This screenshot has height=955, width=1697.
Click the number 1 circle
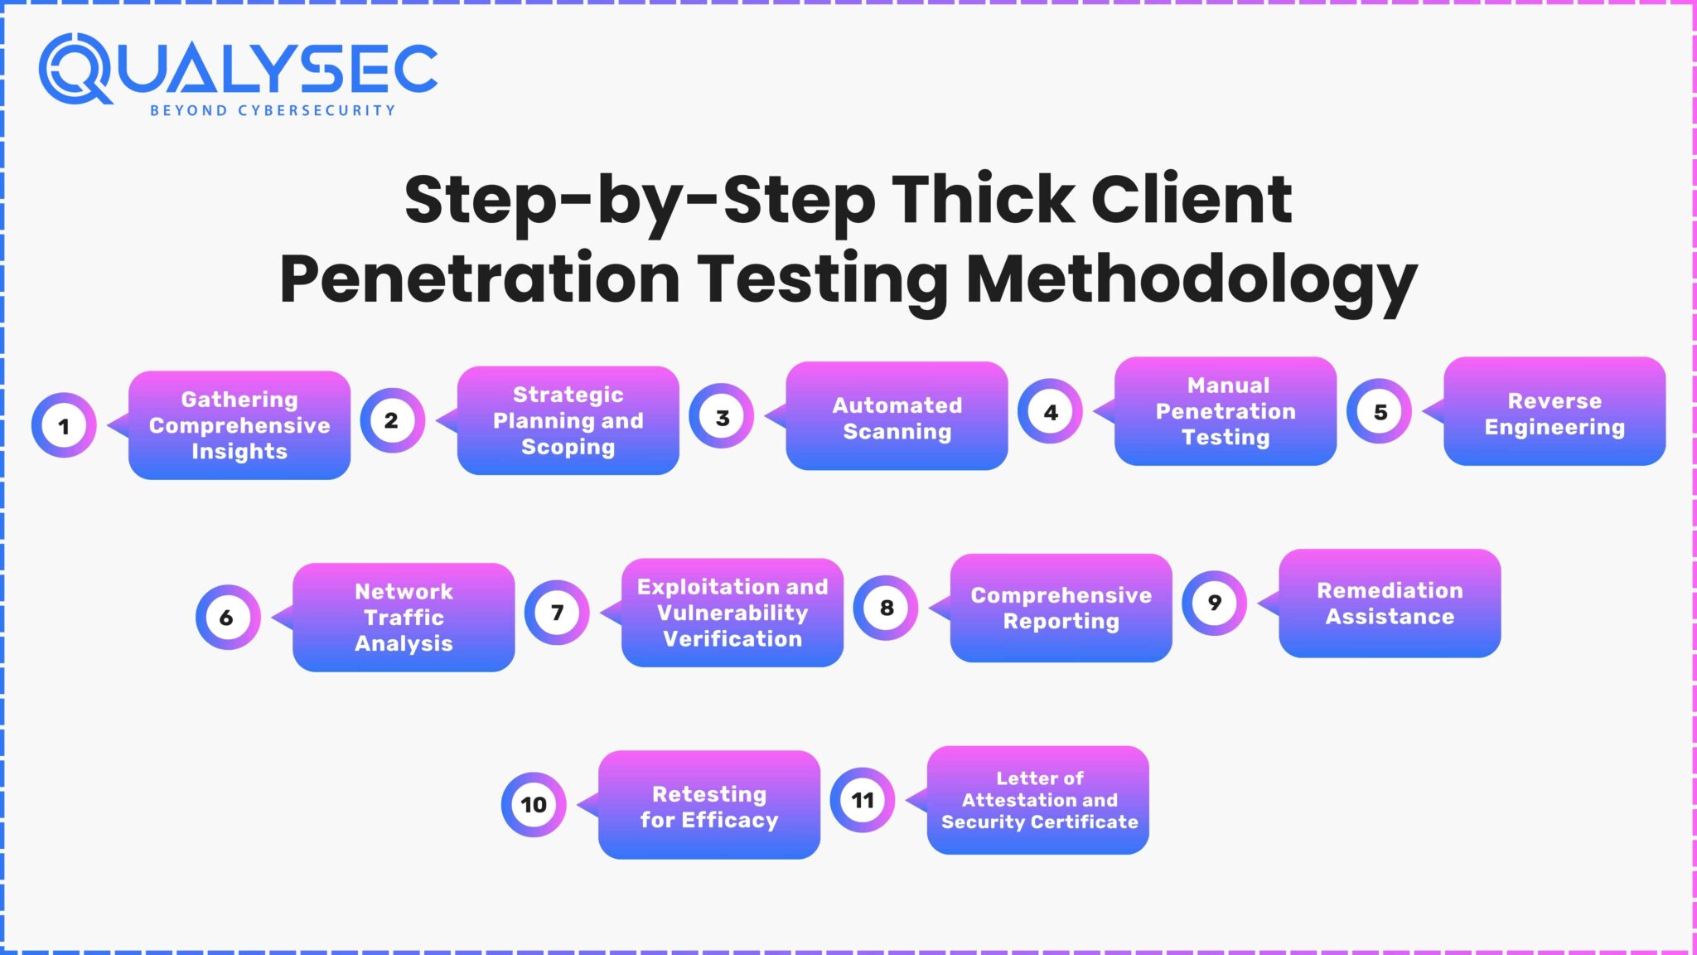pos(64,426)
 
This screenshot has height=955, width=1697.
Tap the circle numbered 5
pos(1380,412)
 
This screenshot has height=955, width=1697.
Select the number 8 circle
pos(886,608)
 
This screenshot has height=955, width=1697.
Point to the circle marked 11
pos(863,800)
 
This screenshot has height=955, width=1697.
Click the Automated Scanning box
pos(897,417)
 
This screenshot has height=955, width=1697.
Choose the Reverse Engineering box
pos(1554,413)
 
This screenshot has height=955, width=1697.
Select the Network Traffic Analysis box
pos(404,618)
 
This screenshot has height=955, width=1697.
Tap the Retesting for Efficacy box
pos(708,806)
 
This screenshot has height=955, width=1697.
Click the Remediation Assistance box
pos(1390,604)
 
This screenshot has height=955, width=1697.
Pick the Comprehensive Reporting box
pos(1061,608)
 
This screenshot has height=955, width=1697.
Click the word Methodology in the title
pos(1192,280)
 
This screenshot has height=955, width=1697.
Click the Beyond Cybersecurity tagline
pos(273,110)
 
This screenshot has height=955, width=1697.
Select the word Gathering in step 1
pos(239,400)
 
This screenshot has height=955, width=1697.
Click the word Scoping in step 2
pos(568,447)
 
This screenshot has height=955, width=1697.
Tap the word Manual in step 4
pos(1228,385)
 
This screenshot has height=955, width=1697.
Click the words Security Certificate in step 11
pos(1039,822)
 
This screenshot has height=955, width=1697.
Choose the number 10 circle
pos(534,804)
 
